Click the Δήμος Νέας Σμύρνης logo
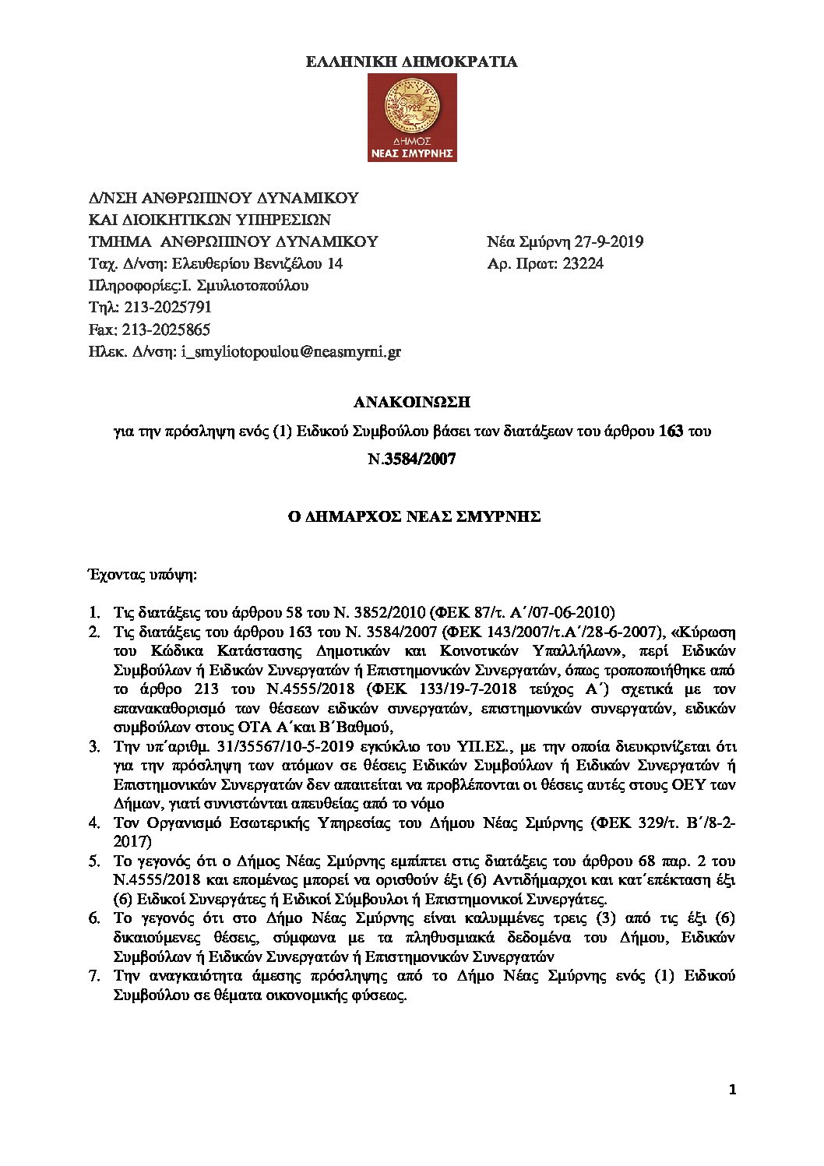click(x=411, y=119)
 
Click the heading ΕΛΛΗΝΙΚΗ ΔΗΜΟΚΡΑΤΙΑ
click(x=411, y=62)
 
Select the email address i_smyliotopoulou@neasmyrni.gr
click(x=291, y=352)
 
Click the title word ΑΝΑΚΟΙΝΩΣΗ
click(x=411, y=403)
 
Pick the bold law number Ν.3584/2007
click(x=411, y=460)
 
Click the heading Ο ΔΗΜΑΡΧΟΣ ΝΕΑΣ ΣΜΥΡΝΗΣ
click(x=411, y=516)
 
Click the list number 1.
click(x=93, y=611)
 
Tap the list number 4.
click(x=93, y=823)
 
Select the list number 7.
click(x=93, y=975)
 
